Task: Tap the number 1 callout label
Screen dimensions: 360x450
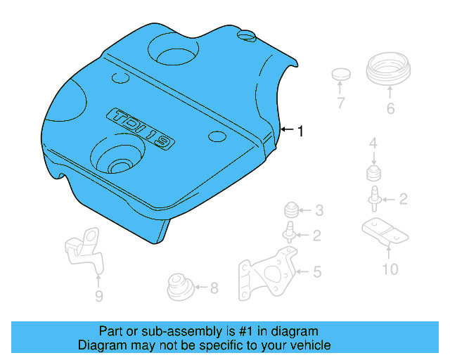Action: tap(301, 131)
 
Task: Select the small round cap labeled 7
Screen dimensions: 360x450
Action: tap(340, 75)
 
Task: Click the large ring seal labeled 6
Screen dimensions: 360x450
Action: tap(390, 71)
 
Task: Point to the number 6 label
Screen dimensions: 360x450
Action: tap(390, 109)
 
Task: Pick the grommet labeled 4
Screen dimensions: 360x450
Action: tap(373, 174)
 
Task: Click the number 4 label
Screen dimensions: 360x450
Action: tap(373, 144)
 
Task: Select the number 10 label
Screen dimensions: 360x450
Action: tap(390, 269)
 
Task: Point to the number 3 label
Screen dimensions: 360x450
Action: tap(319, 210)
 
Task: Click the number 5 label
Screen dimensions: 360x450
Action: tap(317, 270)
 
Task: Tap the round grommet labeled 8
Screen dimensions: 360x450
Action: tap(179, 287)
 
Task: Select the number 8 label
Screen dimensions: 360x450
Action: tap(214, 287)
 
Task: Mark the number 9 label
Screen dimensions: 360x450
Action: tap(98, 296)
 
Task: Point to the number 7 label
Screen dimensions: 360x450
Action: tap(340, 104)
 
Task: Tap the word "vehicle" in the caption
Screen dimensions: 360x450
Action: tap(309, 345)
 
